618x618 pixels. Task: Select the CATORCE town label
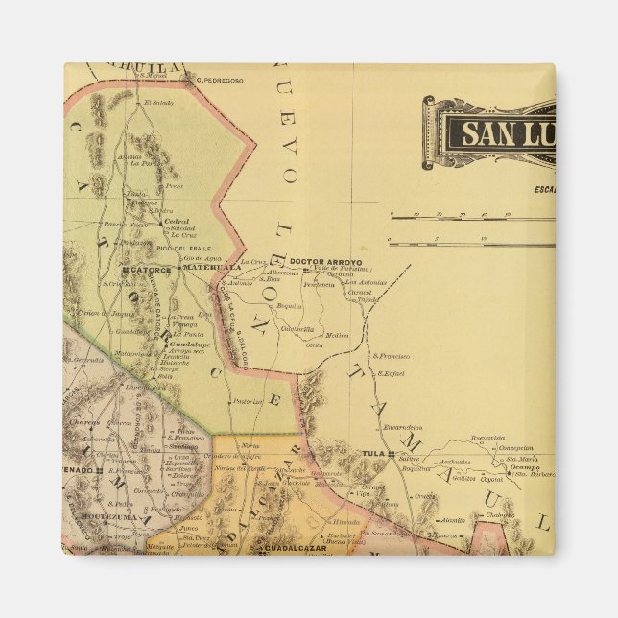151,270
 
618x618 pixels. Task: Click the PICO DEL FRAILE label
185,249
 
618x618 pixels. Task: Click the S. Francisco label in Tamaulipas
391,356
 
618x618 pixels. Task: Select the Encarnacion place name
402,427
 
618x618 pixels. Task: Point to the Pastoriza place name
249,402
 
